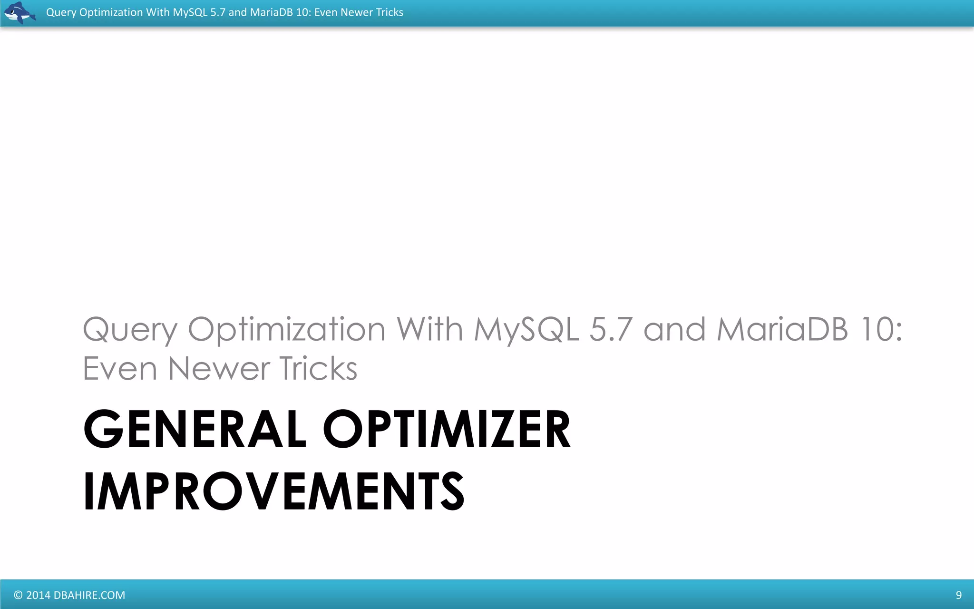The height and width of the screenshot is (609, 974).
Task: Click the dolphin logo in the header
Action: (x=19, y=12)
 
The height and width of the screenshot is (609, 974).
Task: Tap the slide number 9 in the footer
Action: (x=958, y=595)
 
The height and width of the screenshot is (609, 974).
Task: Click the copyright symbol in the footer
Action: (x=18, y=595)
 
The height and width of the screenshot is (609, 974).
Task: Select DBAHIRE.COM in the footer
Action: (x=89, y=595)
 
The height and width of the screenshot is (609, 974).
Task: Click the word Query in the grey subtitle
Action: (x=130, y=330)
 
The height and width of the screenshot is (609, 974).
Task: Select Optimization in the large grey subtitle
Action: (x=286, y=330)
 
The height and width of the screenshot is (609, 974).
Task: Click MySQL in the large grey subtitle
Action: (x=526, y=330)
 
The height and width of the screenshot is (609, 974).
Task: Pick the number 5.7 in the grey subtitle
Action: (x=611, y=329)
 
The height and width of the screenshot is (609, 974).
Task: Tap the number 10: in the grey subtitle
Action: (x=882, y=329)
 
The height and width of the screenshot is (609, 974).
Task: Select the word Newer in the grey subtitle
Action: (x=218, y=369)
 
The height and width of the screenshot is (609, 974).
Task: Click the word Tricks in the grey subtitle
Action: (x=318, y=369)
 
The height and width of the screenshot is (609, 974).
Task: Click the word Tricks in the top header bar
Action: (x=390, y=12)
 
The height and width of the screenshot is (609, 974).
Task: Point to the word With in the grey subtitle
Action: (x=429, y=329)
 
